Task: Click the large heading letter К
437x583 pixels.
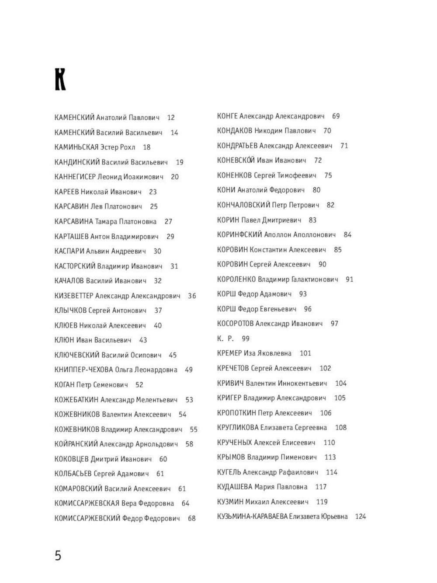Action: [x=60, y=80]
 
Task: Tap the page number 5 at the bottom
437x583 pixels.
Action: [x=58, y=556]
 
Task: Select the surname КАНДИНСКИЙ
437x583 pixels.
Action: [x=77, y=162]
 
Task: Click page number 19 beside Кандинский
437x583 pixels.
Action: [x=180, y=162]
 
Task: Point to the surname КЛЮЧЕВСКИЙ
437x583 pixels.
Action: [x=77, y=355]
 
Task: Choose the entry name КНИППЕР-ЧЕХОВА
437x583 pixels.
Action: [x=84, y=370]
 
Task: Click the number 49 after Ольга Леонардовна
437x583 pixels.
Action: [x=189, y=370]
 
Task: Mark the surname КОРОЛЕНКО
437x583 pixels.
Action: [x=236, y=279]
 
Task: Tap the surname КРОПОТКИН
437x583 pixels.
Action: [x=236, y=413]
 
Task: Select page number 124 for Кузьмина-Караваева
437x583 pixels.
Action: [x=361, y=517]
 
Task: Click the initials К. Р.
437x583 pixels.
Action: [x=225, y=339]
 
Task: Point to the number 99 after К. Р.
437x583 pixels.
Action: [x=246, y=339]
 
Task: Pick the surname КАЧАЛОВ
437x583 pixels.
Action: [x=69, y=281]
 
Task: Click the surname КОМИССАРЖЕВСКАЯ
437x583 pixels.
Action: [x=87, y=503]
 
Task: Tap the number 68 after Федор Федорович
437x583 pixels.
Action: [x=192, y=519]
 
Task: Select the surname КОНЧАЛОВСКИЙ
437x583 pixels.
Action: [x=243, y=205]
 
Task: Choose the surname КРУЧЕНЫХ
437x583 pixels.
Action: [x=234, y=443]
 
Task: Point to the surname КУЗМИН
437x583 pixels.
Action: [x=230, y=502]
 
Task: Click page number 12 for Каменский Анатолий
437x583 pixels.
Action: [x=171, y=118]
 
